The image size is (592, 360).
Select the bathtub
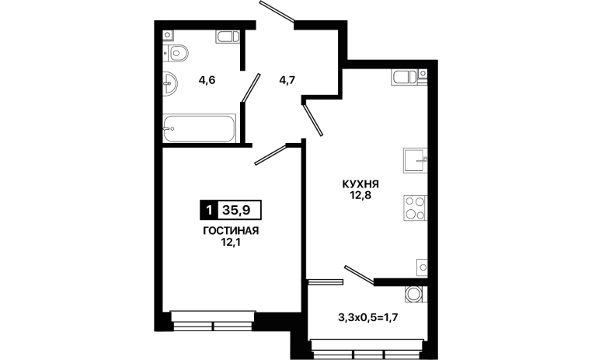(x=200, y=128)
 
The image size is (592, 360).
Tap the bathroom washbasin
(x=170, y=83)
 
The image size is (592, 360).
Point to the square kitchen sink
(x=416, y=160)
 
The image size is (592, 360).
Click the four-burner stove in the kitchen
(x=416, y=208)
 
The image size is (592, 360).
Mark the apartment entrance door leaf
(x=277, y=12)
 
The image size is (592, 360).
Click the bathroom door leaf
(x=251, y=88)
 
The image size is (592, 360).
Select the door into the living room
(x=270, y=155)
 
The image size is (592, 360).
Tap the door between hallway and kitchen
(x=313, y=120)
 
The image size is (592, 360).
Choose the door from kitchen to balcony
(x=359, y=274)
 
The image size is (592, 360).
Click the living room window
(x=213, y=321)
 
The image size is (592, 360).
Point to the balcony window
(x=368, y=349)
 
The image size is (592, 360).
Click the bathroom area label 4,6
(x=207, y=80)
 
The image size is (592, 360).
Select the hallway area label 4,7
(x=287, y=80)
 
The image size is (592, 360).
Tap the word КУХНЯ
(x=360, y=184)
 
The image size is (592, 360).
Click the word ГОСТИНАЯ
(x=231, y=231)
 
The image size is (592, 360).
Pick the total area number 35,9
(x=236, y=210)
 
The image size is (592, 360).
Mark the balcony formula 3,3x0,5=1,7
(x=368, y=318)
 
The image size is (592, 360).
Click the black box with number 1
(x=209, y=210)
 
